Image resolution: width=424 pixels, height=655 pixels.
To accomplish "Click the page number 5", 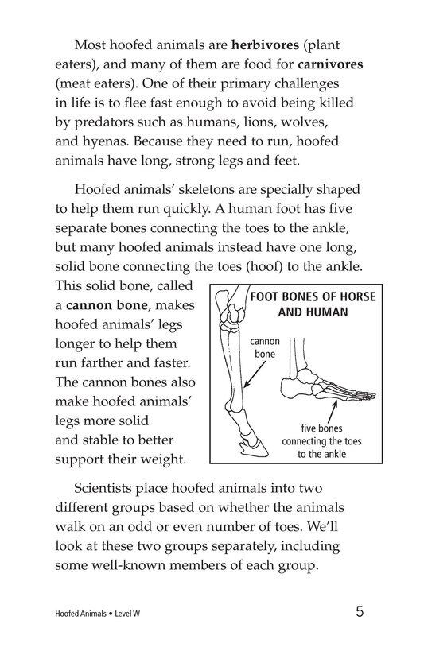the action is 361,612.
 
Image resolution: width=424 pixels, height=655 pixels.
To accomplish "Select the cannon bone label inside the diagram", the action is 265,349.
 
